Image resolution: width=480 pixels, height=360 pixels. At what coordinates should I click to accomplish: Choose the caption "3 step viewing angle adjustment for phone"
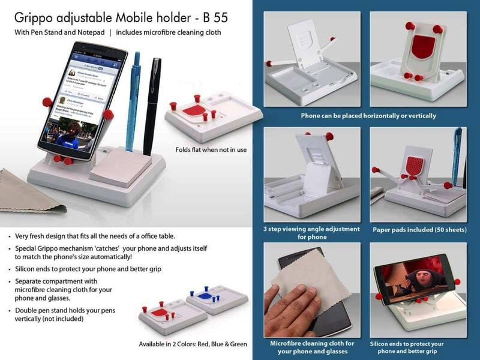pos(311,233)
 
